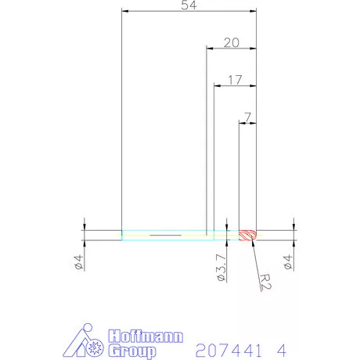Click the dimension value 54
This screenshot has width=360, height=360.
(189, 5)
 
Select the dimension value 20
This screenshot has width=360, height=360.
(232, 43)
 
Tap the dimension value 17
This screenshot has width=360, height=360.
(235, 80)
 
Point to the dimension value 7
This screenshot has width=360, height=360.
(247, 117)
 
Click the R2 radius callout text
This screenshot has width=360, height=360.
(266, 282)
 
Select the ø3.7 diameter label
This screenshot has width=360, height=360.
(221, 268)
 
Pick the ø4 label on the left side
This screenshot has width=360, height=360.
(79, 262)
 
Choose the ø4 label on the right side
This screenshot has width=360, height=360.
(288, 262)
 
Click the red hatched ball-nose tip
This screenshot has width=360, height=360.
(248, 236)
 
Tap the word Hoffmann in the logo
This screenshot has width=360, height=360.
(146, 337)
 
